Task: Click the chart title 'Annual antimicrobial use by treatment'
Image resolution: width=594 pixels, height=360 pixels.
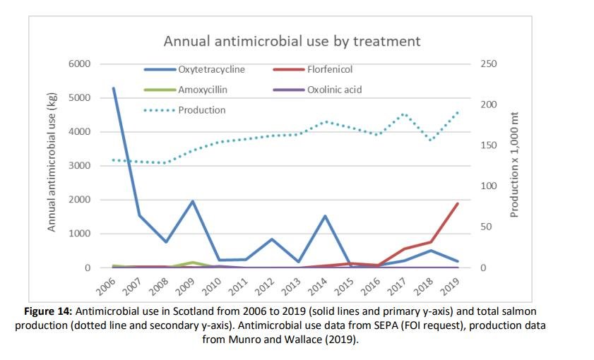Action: [292, 40]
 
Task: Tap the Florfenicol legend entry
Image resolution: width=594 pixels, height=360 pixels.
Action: [329, 70]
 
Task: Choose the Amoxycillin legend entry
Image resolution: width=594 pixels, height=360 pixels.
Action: [202, 90]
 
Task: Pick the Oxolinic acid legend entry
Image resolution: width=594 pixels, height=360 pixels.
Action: [333, 90]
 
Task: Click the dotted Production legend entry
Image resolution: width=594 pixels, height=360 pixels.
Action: [201, 110]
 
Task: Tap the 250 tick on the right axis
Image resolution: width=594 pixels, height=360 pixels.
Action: [489, 64]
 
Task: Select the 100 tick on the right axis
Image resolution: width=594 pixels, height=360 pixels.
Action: [489, 186]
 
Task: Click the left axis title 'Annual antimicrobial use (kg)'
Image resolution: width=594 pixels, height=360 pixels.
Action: [52, 166]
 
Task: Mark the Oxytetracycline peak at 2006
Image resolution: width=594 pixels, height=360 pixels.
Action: [114, 88]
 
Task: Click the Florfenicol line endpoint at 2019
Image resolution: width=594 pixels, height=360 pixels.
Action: [458, 204]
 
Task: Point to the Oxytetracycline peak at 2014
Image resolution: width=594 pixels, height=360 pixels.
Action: [325, 216]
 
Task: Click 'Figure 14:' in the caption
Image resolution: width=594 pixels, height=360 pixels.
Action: [48, 311]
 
